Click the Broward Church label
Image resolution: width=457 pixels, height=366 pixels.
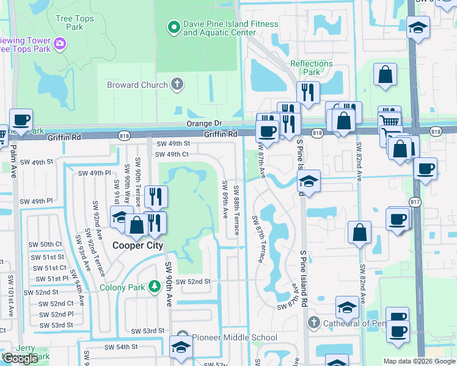[x=137, y=85]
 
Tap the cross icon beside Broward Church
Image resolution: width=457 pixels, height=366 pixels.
[x=177, y=84]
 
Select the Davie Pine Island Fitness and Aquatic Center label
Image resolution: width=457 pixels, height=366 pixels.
[x=230, y=29]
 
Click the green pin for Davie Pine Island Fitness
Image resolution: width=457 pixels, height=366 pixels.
[x=174, y=27]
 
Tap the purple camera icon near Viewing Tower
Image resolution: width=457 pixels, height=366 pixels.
[x=60, y=43]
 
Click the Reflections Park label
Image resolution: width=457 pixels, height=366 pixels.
[x=312, y=68]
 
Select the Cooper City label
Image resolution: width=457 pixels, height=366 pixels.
[x=137, y=245]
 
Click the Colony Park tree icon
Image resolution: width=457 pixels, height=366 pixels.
[x=155, y=285]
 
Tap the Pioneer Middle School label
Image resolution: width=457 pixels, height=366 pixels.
[x=235, y=337]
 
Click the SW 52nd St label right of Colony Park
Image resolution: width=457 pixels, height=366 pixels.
[x=193, y=281]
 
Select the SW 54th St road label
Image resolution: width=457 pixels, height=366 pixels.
[x=121, y=346]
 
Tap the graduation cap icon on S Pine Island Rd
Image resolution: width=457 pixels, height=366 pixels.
[x=309, y=181]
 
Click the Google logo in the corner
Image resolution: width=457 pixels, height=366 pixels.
[x=20, y=359]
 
